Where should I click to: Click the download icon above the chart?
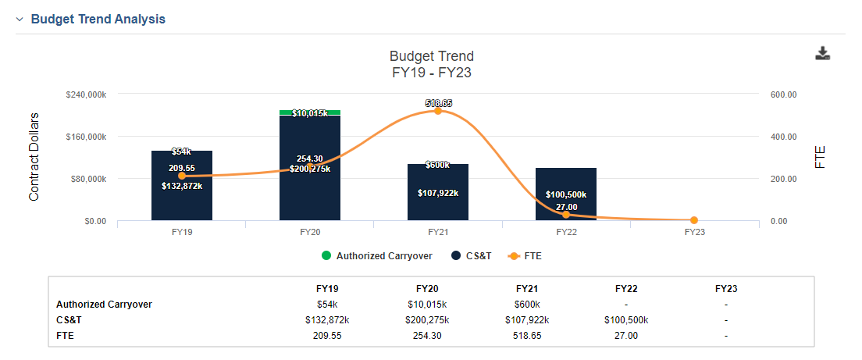click(x=822, y=53)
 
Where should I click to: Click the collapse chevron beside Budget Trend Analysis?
click(x=20, y=20)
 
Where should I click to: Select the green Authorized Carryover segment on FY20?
click(x=309, y=112)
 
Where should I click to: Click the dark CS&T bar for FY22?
click(x=565, y=194)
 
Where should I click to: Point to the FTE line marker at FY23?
click(x=694, y=220)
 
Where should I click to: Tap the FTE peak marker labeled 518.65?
click(x=437, y=111)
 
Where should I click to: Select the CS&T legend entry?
click(x=471, y=255)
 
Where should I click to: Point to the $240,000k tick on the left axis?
click(x=87, y=94)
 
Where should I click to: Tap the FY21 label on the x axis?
click(x=438, y=232)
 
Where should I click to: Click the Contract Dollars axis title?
click(x=34, y=157)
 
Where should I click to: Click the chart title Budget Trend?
click(x=432, y=56)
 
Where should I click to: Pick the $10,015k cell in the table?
click(x=426, y=304)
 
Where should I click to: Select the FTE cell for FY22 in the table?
click(x=626, y=336)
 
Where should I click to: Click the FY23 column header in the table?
click(x=726, y=289)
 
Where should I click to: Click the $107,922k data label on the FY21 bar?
click(x=437, y=193)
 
